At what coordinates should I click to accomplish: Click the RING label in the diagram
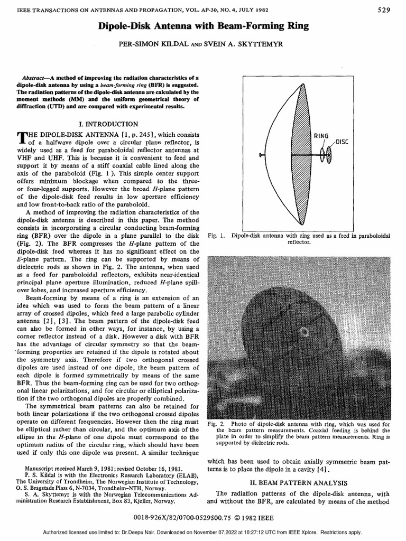click(x=322, y=136)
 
